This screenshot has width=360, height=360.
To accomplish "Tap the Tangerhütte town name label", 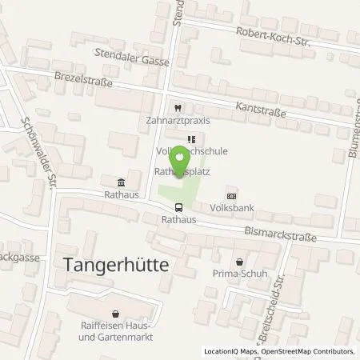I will (x=110, y=268).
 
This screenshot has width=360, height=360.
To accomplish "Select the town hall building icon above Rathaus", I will (x=120, y=182).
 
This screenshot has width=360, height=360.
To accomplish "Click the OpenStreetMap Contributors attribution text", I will (x=309, y=351).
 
